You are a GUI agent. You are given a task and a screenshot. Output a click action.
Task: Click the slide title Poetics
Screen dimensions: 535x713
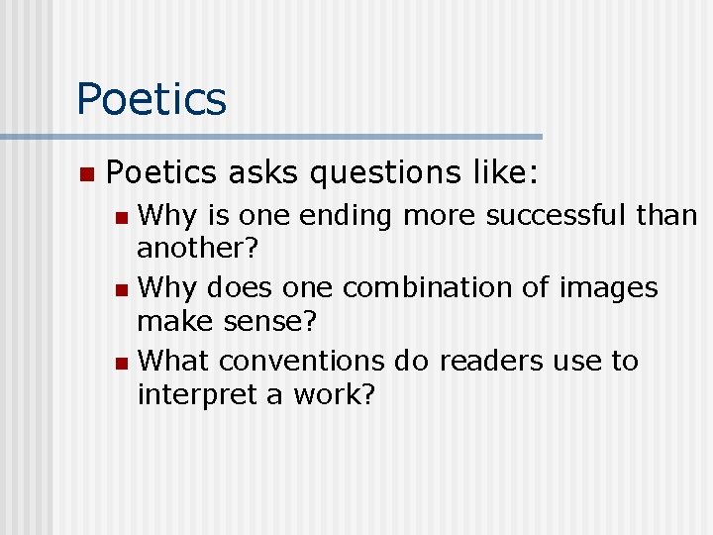(152, 99)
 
